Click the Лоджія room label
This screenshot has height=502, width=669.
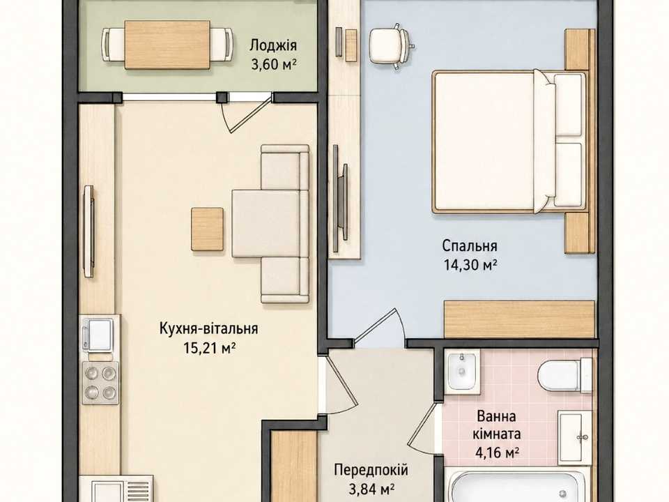point(273,46)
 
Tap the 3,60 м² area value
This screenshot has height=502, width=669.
point(273,64)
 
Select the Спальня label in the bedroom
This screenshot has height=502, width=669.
point(469,246)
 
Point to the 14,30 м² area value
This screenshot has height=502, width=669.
point(470,265)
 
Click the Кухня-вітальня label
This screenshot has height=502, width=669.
point(208,328)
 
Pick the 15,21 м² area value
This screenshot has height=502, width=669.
point(210,348)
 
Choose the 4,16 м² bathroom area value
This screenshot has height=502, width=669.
point(497,452)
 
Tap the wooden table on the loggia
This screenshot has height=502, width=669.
point(167,45)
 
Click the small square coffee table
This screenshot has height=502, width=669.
point(208,229)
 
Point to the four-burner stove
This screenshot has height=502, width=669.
point(100,383)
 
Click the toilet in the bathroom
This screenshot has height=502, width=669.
point(564,376)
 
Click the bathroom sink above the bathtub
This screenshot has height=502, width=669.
point(574,438)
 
